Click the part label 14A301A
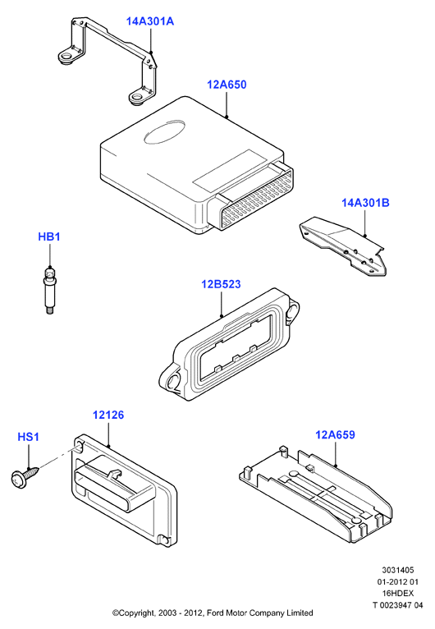(150, 21)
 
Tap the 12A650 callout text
(227, 85)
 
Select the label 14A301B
(365, 203)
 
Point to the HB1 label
(49, 236)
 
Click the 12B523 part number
(221, 284)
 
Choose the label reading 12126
(108, 415)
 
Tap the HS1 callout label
(29, 437)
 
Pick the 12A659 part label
(335, 435)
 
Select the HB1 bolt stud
(49, 291)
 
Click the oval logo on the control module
(164, 132)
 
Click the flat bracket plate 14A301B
(343, 246)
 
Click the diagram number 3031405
(398, 570)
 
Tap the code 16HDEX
(397, 594)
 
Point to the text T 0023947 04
(397, 605)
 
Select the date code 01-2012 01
(397, 581)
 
